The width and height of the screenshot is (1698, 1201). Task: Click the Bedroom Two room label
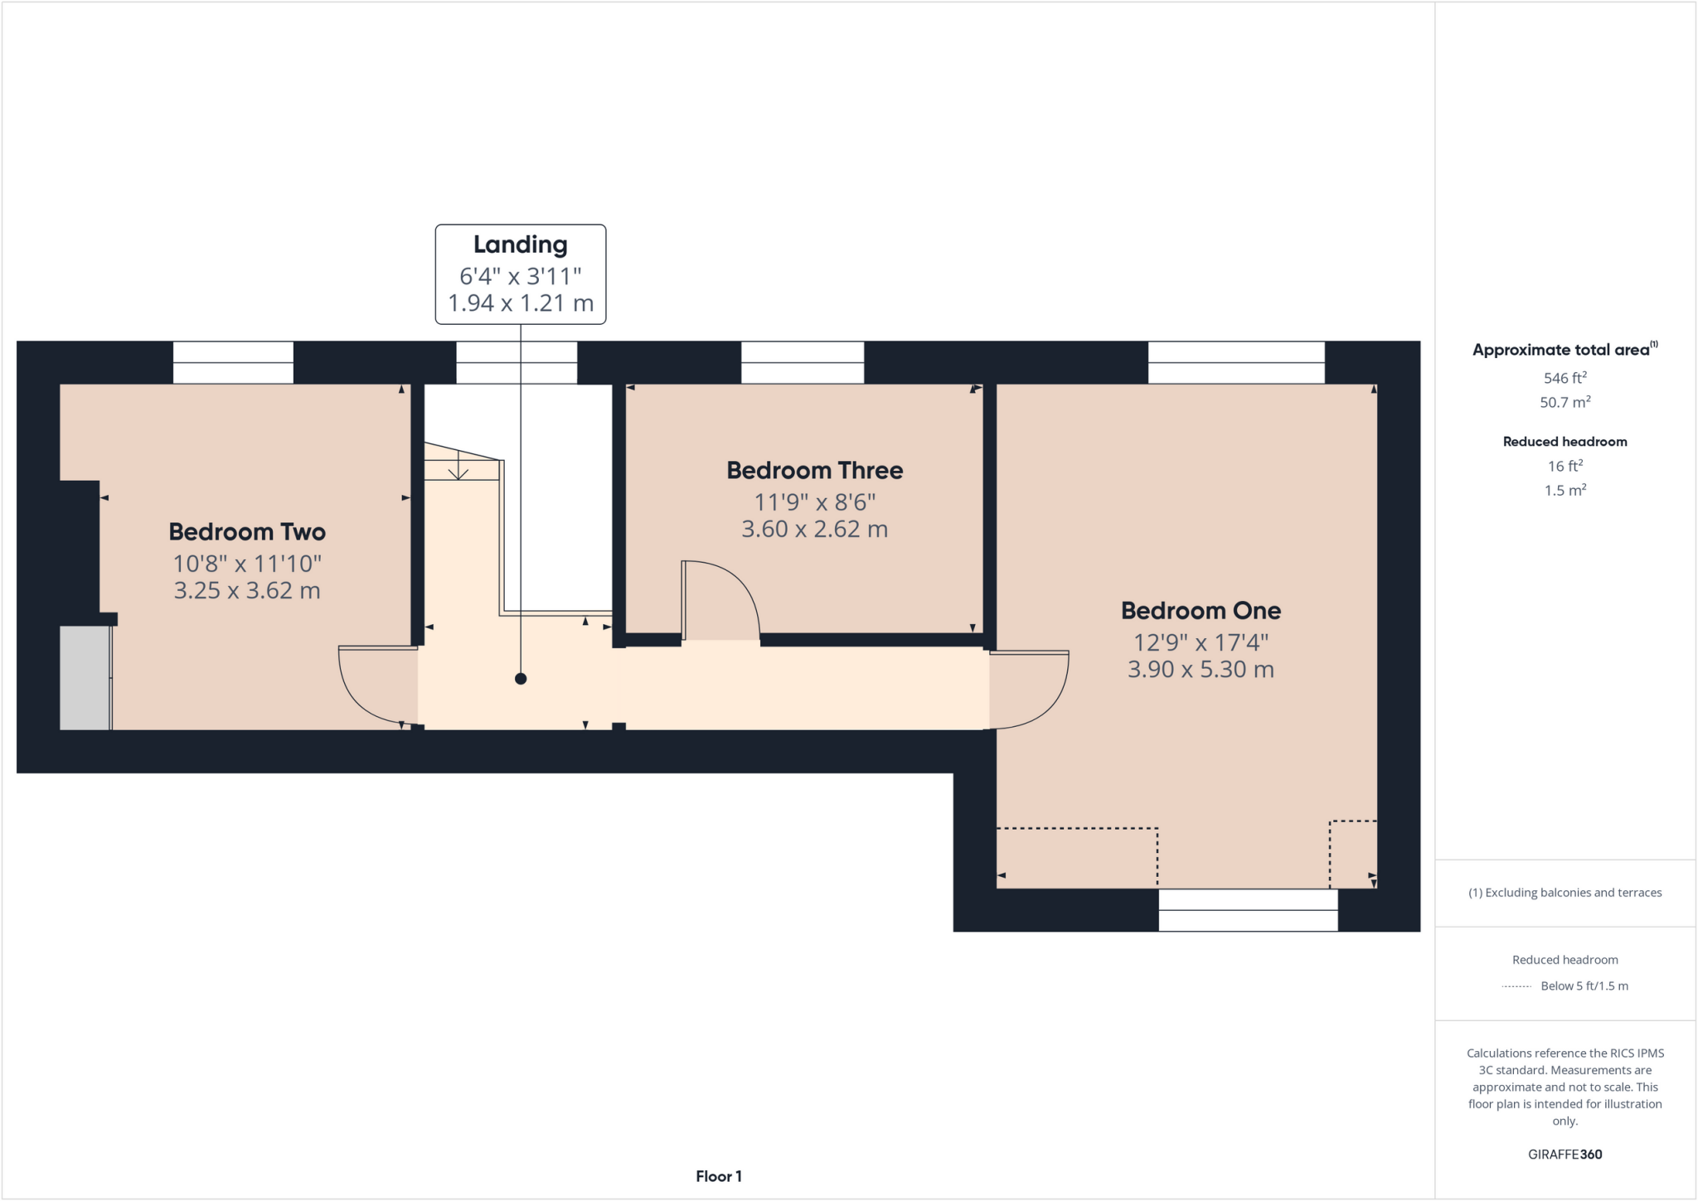click(x=247, y=532)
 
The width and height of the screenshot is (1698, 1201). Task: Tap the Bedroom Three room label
click(x=814, y=471)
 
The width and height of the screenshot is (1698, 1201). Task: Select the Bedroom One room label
click(x=1201, y=611)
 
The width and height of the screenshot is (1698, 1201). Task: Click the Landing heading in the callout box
click(x=520, y=245)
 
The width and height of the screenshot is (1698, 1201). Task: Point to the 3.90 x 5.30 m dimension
click(x=1201, y=670)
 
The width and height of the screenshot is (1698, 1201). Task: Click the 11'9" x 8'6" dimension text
click(x=814, y=502)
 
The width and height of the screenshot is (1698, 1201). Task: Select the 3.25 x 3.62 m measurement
click(x=247, y=591)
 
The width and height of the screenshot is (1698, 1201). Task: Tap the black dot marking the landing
click(x=521, y=679)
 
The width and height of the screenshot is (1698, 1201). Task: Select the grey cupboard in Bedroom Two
click(x=85, y=678)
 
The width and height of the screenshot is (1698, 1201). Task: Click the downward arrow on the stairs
click(x=458, y=469)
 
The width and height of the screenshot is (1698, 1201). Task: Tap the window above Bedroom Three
click(x=802, y=362)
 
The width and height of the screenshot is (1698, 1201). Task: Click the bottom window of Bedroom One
click(x=1248, y=910)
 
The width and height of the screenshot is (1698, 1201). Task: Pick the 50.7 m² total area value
click(x=1565, y=403)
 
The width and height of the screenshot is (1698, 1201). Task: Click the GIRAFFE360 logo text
click(x=1565, y=1155)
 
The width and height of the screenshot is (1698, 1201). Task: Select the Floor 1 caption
click(x=718, y=1176)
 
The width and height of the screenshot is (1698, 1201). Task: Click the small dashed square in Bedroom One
click(x=1353, y=854)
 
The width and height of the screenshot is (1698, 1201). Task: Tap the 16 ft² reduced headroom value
click(x=1565, y=467)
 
